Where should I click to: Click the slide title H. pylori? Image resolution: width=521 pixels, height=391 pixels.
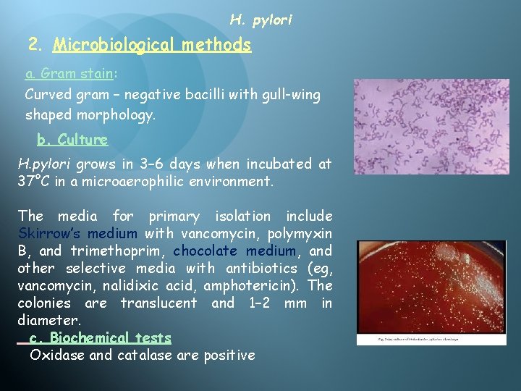(x=260, y=20)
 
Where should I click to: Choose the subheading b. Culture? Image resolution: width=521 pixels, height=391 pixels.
(x=72, y=139)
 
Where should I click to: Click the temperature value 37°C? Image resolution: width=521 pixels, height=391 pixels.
(x=34, y=180)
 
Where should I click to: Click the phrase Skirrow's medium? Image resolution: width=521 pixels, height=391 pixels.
(x=77, y=233)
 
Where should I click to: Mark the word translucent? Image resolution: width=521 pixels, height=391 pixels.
(x=158, y=303)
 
